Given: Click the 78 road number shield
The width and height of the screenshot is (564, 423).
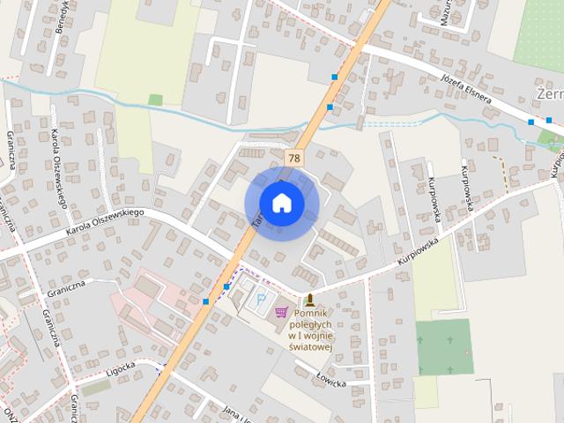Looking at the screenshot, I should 293,157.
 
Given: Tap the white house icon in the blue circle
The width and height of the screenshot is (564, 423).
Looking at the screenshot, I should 281,203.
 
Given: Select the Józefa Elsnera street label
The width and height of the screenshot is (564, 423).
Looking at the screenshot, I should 464,88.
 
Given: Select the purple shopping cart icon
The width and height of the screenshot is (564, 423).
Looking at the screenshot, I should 282,311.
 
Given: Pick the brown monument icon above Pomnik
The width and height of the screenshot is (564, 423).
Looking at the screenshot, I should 309,300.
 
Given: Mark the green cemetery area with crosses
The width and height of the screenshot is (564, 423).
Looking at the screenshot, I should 444,346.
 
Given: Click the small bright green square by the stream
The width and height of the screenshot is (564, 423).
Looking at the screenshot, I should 155,100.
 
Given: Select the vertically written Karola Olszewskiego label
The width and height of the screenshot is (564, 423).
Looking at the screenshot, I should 61,168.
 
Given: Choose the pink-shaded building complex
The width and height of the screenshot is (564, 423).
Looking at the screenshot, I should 141,304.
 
